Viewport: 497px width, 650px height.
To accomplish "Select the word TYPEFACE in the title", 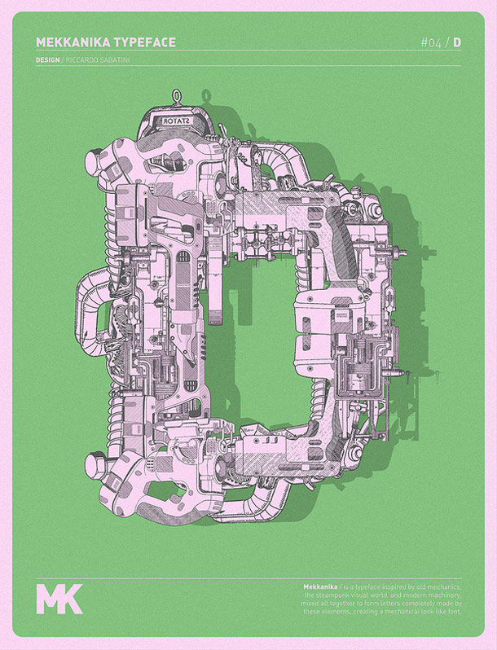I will click(x=145, y=42).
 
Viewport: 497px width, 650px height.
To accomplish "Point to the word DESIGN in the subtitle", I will click(x=48, y=59).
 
